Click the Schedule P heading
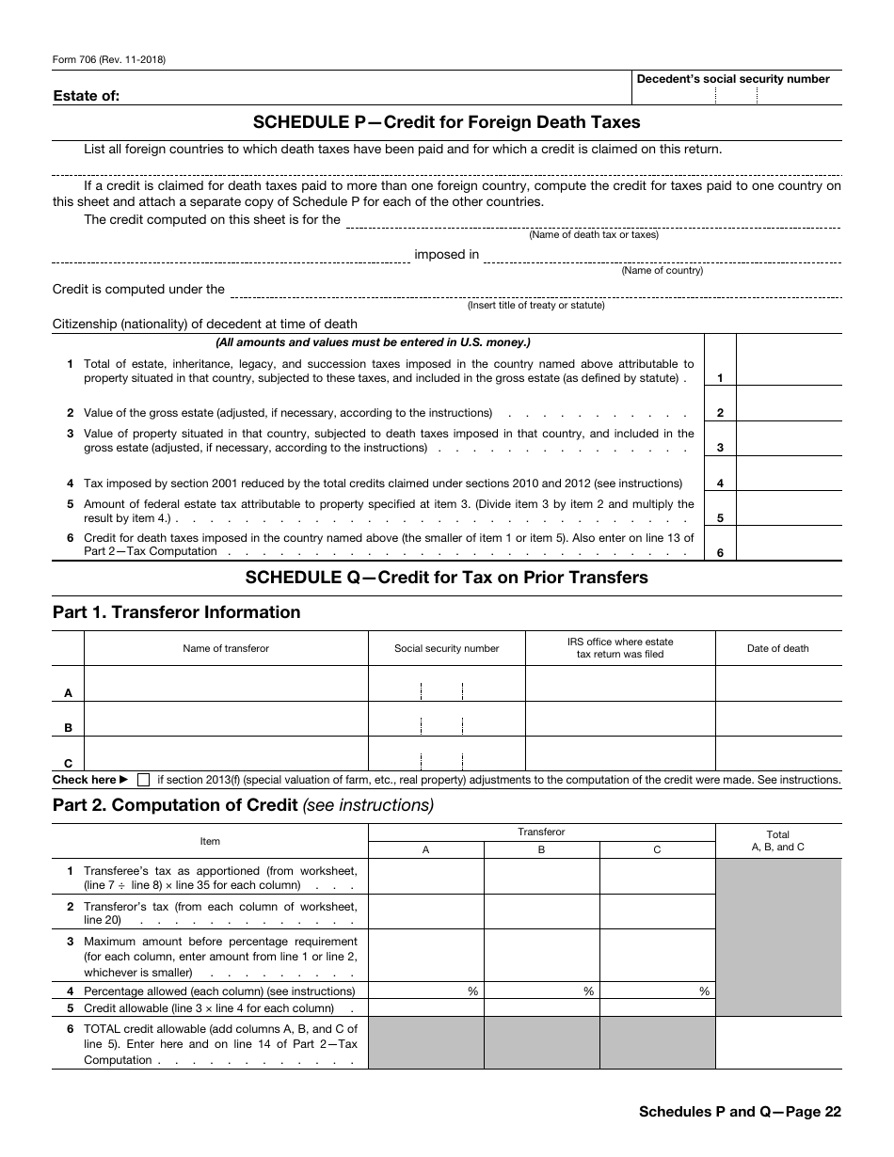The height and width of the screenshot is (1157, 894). [x=446, y=122]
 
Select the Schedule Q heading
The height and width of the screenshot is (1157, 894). [x=446, y=578]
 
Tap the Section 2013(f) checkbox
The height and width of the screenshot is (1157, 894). [x=143, y=780]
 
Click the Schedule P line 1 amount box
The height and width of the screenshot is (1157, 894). [x=789, y=360]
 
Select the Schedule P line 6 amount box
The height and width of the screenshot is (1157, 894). [x=789, y=544]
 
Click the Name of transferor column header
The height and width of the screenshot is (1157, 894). [x=226, y=648]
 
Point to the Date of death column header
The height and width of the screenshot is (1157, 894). [x=777, y=648]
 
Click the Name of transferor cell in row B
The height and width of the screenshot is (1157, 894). [x=226, y=719]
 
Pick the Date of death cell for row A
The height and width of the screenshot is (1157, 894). [x=777, y=684]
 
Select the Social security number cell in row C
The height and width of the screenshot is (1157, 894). [x=446, y=753]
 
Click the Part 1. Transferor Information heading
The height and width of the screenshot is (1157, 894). [x=176, y=612]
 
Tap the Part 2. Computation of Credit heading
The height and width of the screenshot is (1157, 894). [x=243, y=805]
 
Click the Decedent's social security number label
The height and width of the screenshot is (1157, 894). [x=733, y=79]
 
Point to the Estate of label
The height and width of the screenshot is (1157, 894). [x=87, y=96]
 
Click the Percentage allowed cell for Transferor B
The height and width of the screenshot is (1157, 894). [x=541, y=991]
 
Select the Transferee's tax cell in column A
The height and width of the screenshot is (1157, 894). [x=425, y=876]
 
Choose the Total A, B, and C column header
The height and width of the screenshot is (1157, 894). [x=777, y=841]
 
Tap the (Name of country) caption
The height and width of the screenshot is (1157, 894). [x=662, y=271]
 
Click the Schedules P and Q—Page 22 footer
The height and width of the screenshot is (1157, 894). [x=739, y=1111]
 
